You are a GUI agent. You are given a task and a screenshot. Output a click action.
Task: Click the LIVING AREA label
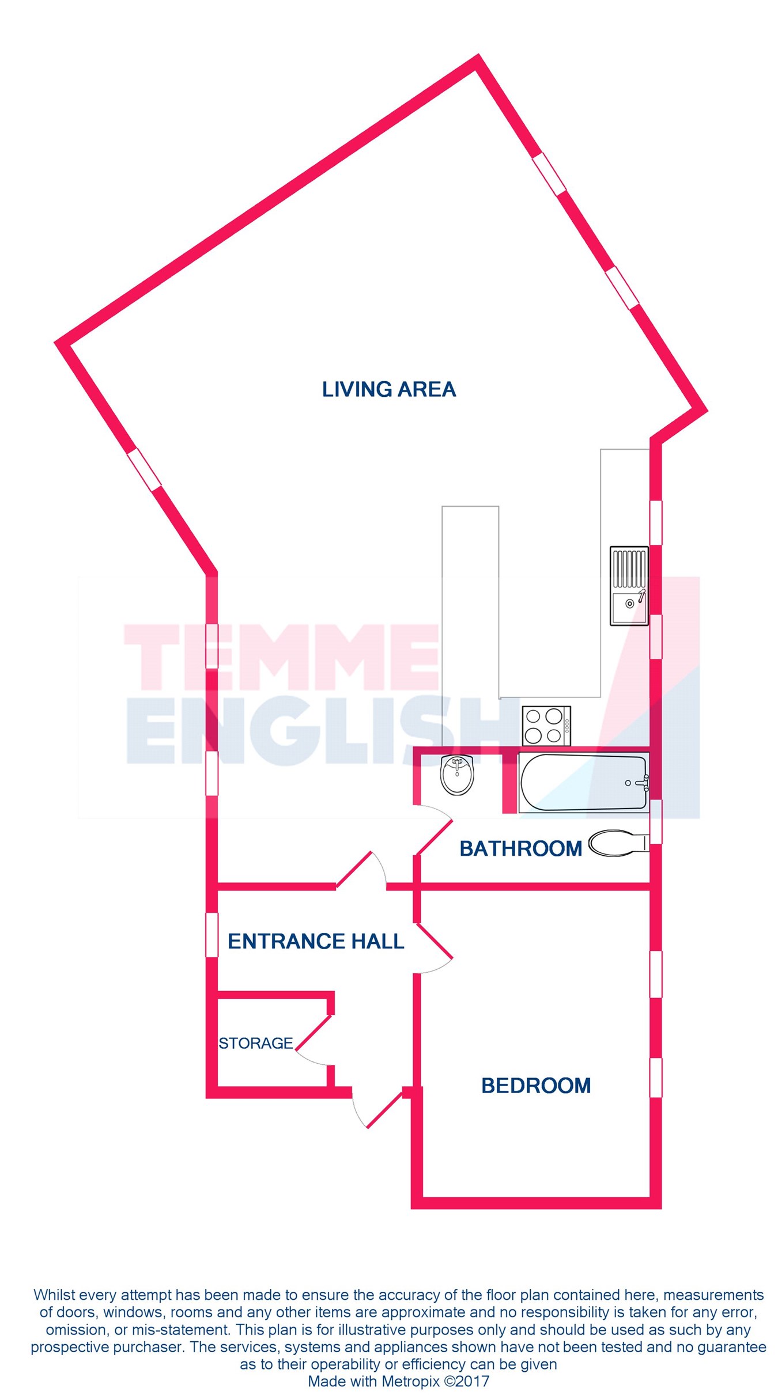[x=388, y=390]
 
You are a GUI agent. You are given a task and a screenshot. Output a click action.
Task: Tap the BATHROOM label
[x=520, y=848]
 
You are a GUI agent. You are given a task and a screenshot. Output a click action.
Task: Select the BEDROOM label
[x=535, y=1086]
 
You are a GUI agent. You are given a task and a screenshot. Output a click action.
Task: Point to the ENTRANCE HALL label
[x=316, y=942]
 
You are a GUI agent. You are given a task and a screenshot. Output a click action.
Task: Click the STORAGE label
[x=256, y=1043]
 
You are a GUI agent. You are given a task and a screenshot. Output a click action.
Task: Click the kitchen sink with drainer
[x=629, y=586]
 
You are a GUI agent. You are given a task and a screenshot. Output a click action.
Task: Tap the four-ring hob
[x=546, y=726]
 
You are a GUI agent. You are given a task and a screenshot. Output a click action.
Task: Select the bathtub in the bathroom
[x=583, y=783]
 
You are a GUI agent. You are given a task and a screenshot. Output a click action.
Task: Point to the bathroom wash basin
[x=457, y=775]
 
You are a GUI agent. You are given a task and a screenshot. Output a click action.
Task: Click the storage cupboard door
[x=313, y=1037]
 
